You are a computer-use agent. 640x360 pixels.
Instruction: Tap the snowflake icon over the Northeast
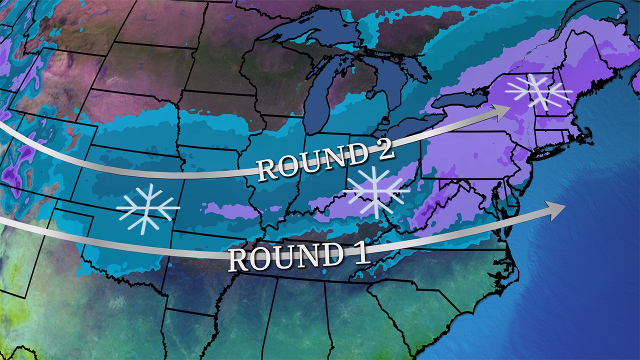point(539,92)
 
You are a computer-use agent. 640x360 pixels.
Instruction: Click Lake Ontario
point(460,100)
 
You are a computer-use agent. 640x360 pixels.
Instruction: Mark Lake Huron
point(395,75)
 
